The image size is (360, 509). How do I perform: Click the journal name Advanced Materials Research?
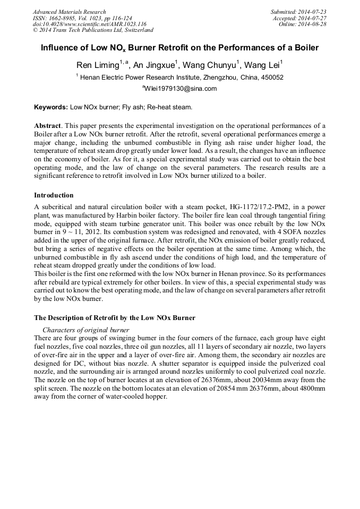[x=69, y=12]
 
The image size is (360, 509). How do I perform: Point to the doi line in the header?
[x=89, y=24]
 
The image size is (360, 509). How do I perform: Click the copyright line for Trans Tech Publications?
[x=93, y=31]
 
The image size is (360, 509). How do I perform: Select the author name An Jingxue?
[x=154, y=65]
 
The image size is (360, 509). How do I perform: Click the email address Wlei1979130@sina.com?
[x=181, y=89]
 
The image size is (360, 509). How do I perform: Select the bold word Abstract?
[x=48, y=126]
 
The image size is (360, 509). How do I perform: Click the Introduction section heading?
[x=54, y=195]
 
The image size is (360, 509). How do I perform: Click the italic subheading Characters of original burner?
[x=85, y=330]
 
